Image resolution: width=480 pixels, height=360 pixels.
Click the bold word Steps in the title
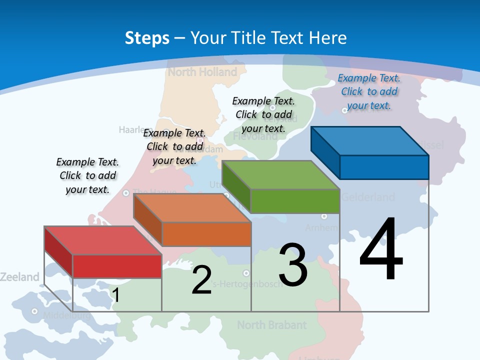[x=147, y=38]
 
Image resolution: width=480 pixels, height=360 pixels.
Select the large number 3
[x=293, y=265]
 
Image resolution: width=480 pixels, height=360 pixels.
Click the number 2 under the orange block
[x=201, y=280]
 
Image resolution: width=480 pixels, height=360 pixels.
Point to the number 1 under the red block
[x=116, y=295]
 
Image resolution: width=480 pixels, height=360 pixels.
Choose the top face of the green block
[x=280, y=175]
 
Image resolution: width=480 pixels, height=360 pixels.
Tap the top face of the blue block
[x=369, y=141]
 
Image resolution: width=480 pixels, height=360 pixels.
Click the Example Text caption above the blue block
[x=369, y=91]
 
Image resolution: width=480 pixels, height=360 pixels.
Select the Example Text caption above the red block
[x=87, y=175]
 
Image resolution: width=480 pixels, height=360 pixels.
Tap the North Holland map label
[x=202, y=72]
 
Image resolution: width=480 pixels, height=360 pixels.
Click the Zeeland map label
[x=19, y=276]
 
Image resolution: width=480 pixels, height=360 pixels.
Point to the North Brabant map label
[x=271, y=325]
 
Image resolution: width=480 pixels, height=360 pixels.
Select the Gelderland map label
[x=368, y=197]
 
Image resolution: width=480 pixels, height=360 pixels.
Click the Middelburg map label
[x=66, y=315]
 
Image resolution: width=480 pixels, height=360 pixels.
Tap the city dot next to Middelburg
[x=34, y=311]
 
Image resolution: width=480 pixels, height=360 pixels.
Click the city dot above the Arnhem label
[x=324, y=216]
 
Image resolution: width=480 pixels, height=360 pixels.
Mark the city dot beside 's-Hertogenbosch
[x=246, y=273]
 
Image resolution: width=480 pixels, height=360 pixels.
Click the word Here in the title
[x=328, y=38]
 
